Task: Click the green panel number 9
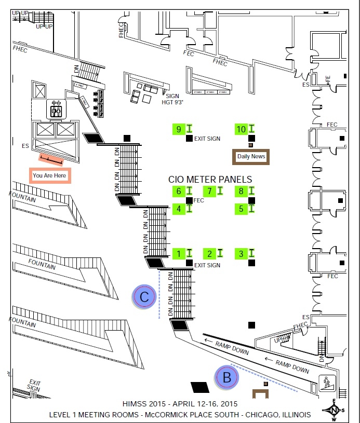179,129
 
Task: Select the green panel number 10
241,129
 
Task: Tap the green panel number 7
210,192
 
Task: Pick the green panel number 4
179,209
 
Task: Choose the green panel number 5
241,209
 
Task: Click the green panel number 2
210,254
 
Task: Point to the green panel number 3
241,254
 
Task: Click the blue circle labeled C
144,296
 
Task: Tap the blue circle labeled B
226,378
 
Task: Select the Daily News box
251,156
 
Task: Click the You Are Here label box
49,176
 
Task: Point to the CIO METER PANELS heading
210,179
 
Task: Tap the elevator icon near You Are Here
56,110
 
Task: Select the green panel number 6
179,192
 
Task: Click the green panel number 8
241,192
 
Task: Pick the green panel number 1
179,254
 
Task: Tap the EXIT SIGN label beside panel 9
207,139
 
